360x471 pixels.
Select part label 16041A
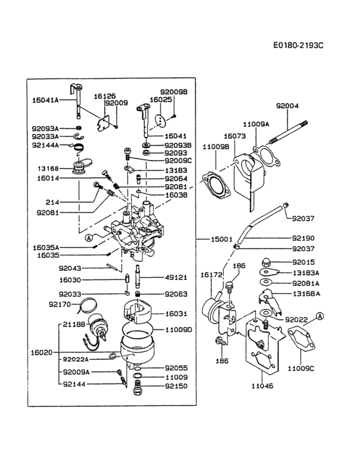(x=45, y=100)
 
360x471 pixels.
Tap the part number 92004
(x=287, y=106)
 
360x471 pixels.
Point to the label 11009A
(x=256, y=123)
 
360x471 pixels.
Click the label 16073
(x=233, y=136)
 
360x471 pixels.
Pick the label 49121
(x=175, y=277)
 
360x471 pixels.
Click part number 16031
(x=175, y=313)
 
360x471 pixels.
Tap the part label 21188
(x=74, y=325)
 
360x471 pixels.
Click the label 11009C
(x=300, y=368)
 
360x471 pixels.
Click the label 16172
(x=210, y=275)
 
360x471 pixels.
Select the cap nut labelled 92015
(x=265, y=262)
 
